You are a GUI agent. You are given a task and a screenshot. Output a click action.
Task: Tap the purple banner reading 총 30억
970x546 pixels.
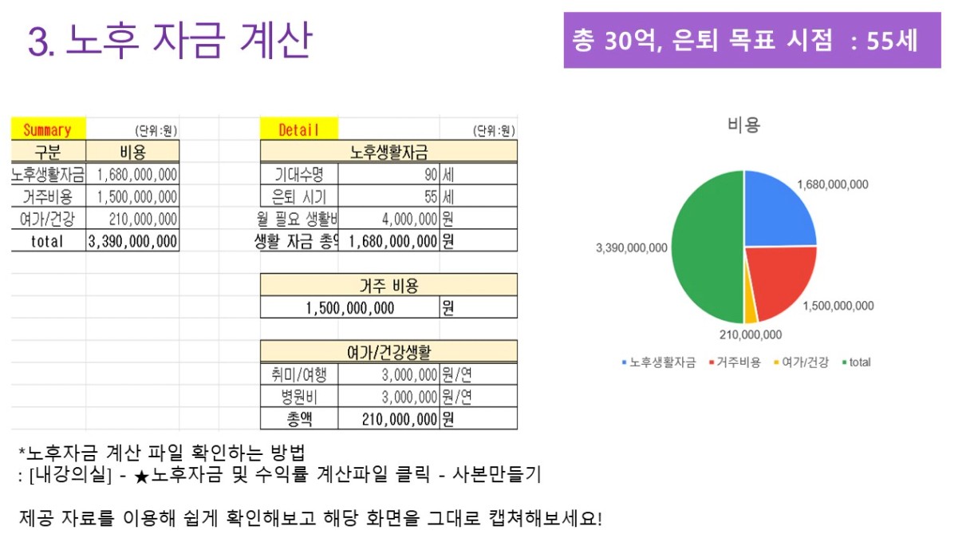pyautogui.click(x=751, y=41)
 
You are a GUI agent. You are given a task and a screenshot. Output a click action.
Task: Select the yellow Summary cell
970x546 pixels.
pyautogui.click(x=47, y=130)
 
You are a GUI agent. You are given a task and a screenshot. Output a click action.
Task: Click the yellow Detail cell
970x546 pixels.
pyautogui.click(x=298, y=130)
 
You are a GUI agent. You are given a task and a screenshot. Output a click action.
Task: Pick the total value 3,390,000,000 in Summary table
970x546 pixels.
pyautogui.click(x=132, y=241)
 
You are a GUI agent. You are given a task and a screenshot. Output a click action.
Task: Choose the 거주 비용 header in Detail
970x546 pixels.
pyautogui.click(x=388, y=285)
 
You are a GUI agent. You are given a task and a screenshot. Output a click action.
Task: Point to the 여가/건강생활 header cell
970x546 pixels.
pyautogui.click(x=388, y=352)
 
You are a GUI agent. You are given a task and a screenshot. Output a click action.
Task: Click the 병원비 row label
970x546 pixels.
pyautogui.click(x=299, y=397)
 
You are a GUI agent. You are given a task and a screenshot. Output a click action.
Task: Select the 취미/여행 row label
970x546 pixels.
pyautogui.click(x=299, y=374)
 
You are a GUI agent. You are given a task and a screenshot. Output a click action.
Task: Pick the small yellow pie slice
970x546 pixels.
pyautogui.click(x=751, y=308)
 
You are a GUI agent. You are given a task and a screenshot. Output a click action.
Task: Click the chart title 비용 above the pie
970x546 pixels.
pyautogui.click(x=743, y=125)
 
